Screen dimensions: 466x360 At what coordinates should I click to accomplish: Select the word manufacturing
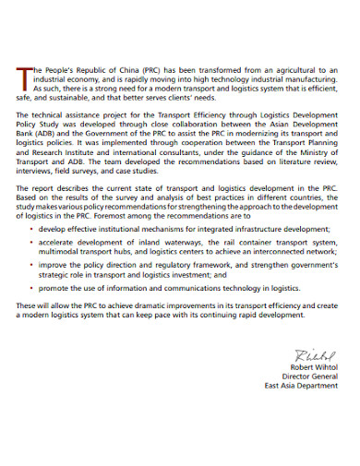[308, 78]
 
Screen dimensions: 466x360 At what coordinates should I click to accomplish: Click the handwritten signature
[315, 355]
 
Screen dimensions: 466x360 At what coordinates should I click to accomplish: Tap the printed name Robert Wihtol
[314, 366]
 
